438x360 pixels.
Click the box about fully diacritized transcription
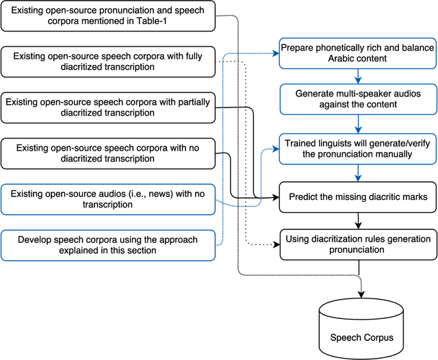coord(109,61)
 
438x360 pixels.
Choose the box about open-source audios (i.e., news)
coord(109,198)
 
